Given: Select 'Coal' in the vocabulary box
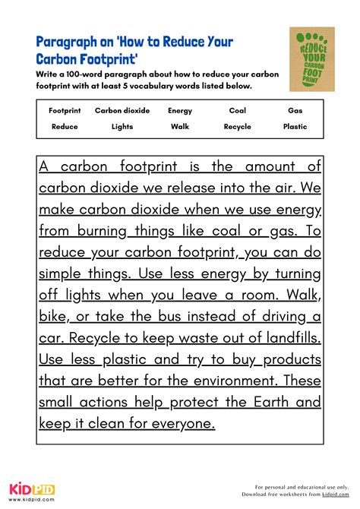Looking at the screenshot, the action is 237,110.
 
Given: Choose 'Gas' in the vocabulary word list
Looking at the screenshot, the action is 295,110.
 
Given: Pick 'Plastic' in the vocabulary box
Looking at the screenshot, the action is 295,126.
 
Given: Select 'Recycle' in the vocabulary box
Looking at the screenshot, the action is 237,126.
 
